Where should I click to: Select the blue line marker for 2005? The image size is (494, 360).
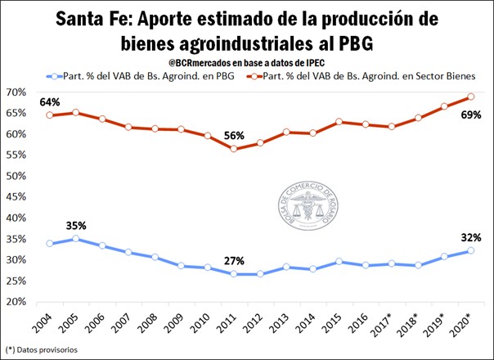[76, 239]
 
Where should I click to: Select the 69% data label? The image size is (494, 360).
[470, 116]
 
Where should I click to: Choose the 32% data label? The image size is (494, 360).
[469, 238]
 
